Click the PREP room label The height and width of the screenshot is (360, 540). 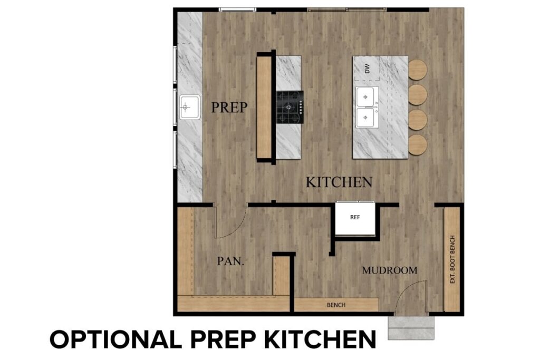229,108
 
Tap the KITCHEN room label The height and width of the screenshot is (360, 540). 339,182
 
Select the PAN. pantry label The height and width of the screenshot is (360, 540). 230,261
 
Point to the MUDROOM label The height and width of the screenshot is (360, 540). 389,270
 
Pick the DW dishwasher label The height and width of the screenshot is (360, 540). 368,68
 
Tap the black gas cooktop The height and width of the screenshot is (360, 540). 290,107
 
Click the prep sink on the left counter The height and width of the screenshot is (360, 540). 189,108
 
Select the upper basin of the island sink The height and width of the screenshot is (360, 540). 366,97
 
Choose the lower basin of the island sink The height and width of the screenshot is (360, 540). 366,118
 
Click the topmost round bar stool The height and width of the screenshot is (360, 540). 417,70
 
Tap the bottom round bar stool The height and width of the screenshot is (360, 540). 417,144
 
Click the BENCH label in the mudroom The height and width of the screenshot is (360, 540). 336,305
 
